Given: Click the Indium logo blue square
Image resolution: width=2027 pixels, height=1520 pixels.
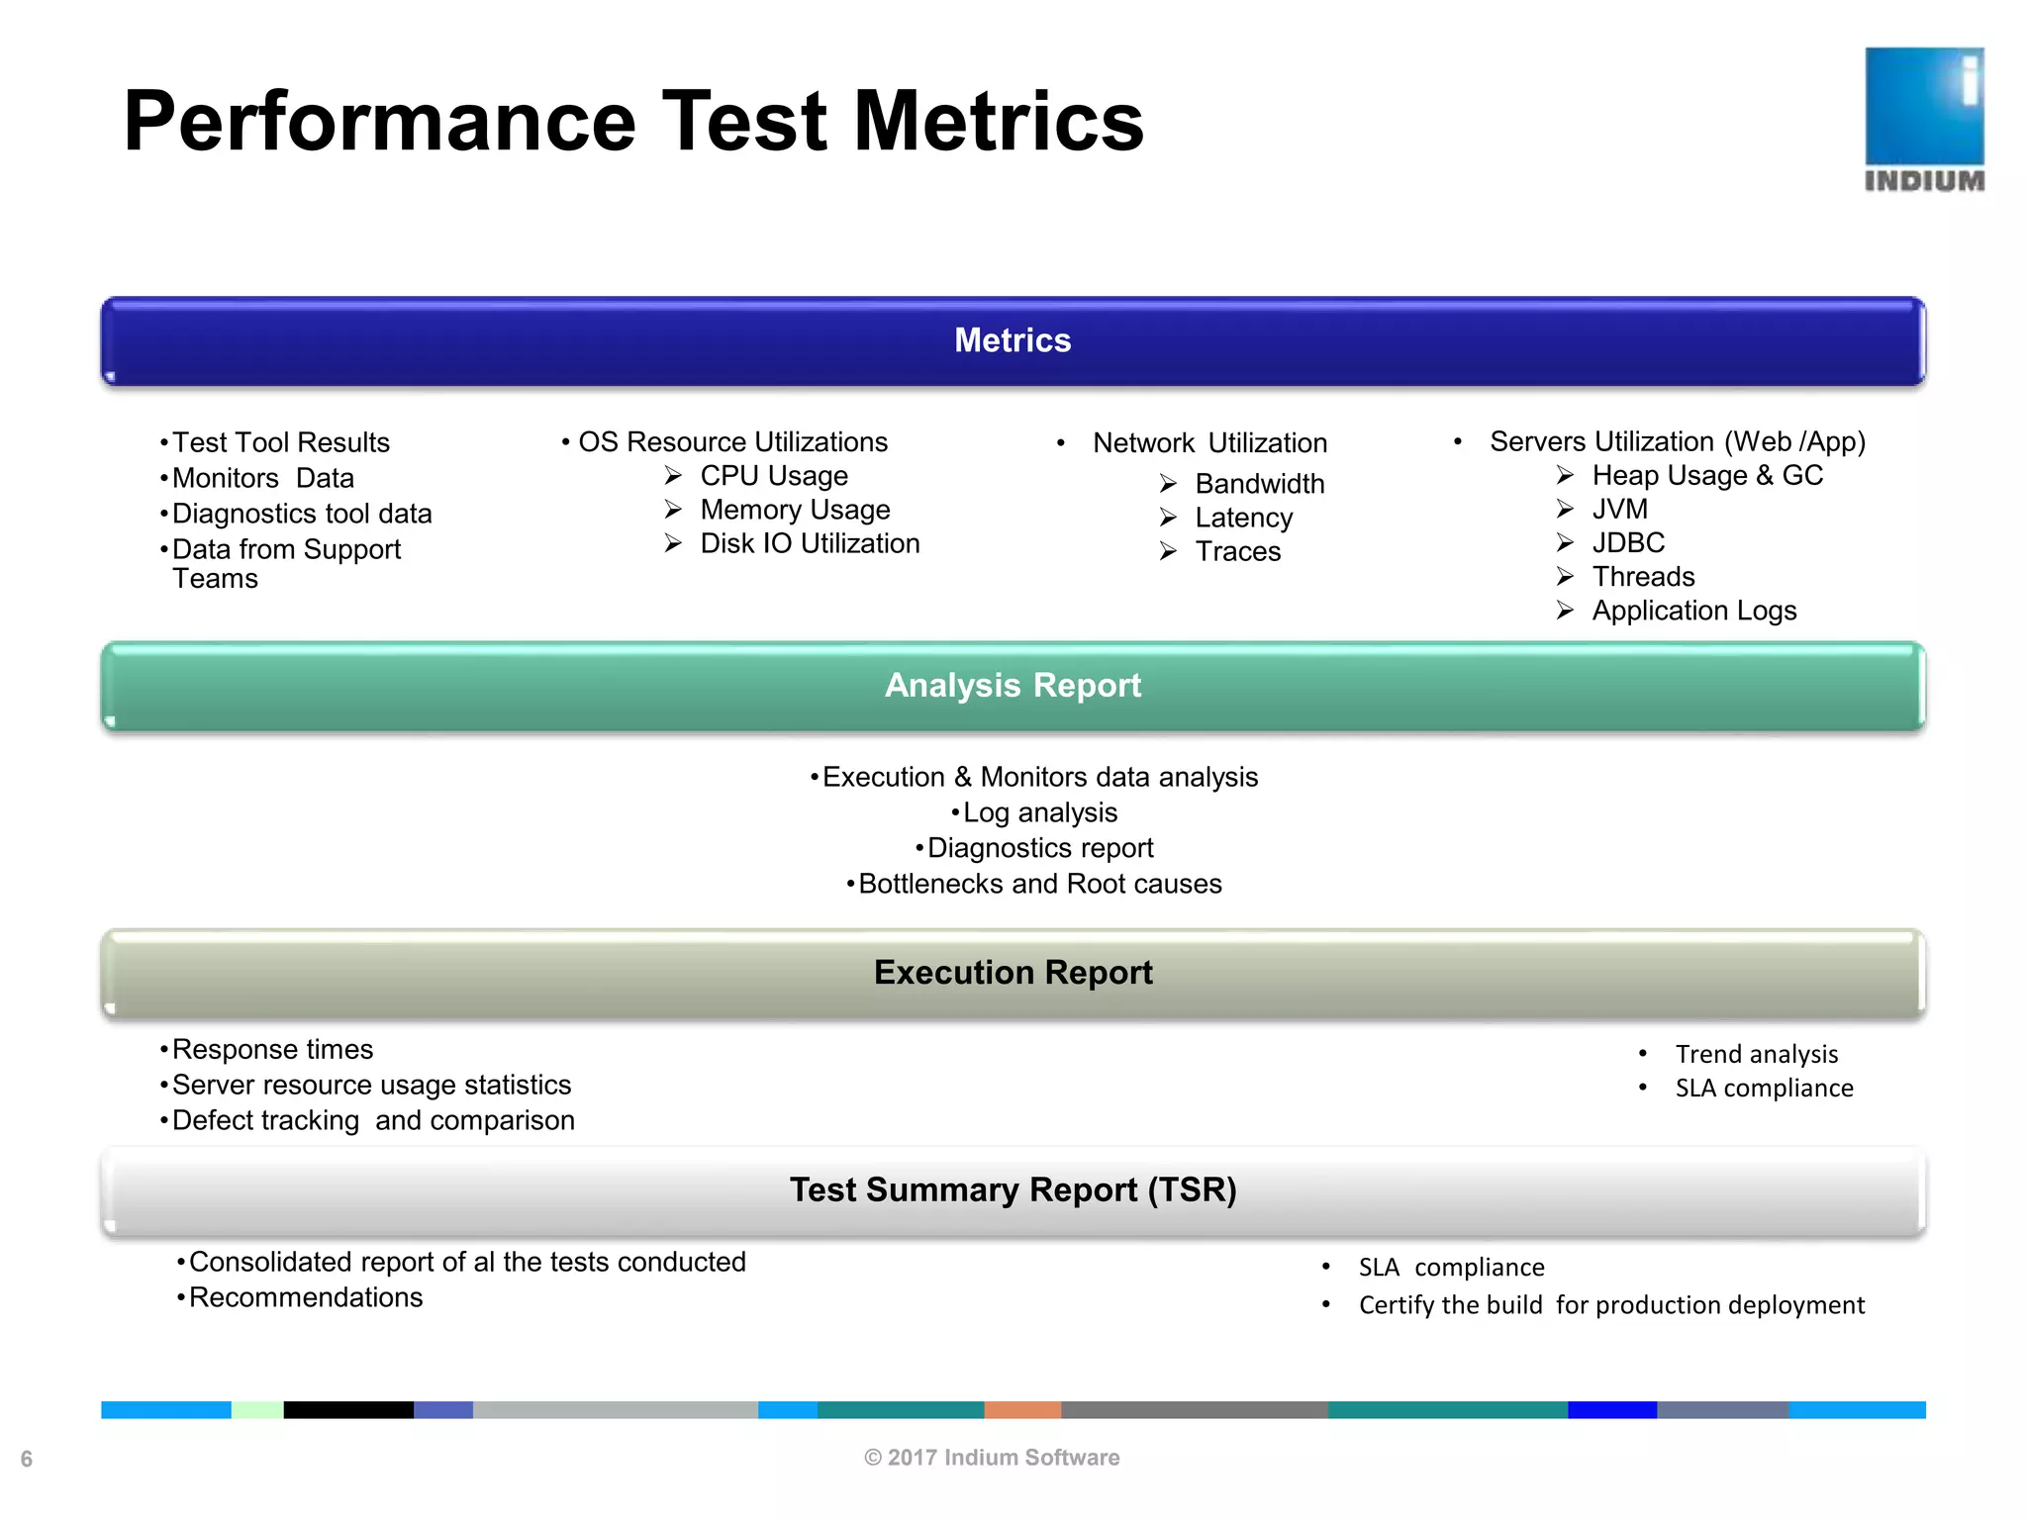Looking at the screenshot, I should pyautogui.click(x=1924, y=106).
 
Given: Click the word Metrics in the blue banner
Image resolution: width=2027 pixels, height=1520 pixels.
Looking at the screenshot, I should pyautogui.click(x=1013, y=340).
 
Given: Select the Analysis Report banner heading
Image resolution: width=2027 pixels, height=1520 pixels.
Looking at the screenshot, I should pyautogui.click(x=1013, y=685).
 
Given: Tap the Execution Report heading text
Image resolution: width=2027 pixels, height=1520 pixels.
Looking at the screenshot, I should pyautogui.click(x=1013, y=972).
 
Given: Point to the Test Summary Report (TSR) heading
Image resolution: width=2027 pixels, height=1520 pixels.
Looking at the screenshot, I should pyautogui.click(x=1013, y=1189).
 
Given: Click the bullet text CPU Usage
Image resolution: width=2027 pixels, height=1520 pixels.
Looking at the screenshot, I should pyautogui.click(x=774, y=476).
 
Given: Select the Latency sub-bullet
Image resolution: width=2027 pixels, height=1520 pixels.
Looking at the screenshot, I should pyautogui.click(x=1243, y=518).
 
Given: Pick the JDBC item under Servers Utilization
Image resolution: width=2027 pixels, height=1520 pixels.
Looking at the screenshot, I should pyautogui.click(x=1628, y=542).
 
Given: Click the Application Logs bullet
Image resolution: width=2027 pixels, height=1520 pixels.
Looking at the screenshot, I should pyautogui.click(x=1693, y=611).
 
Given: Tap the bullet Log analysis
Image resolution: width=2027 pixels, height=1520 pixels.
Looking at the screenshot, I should pyautogui.click(x=1039, y=812).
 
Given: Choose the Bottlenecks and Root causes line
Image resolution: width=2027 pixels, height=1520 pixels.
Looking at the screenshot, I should pyautogui.click(x=1039, y=884).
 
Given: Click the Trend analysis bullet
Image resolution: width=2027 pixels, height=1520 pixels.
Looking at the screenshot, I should pyautogui.click(x=1756, y=1054).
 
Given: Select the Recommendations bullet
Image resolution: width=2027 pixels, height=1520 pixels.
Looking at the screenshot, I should pyautogui.click(x=305, y=1297).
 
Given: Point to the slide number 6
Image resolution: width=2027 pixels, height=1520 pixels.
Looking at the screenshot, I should pyautogui.click(x=27, y=1459).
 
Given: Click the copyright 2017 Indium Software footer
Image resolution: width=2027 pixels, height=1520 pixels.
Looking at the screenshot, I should pyautogui.click(x=992, y=1458).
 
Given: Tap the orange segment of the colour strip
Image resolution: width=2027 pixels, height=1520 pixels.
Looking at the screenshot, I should pyautogui.click(x=1022, y=1410).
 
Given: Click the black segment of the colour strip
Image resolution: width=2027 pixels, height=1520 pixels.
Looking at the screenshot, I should pyautogui.click(x=348, y=1410).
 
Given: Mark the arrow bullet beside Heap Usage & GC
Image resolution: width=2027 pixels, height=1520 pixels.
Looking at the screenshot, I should pyautogui.click(x=1565, y=475).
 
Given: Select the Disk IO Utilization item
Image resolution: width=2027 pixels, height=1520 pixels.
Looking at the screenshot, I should pyautogui.click(x=810, y=543).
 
